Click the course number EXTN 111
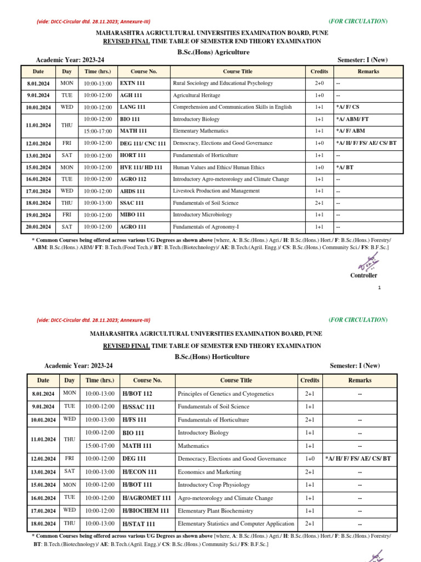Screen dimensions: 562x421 pos(133,83)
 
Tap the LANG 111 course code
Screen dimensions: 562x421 pos(133,108)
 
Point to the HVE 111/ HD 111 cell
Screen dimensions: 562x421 pos(141,167)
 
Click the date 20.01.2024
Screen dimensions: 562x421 pos(38,227)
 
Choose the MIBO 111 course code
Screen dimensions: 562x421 pos(133,215)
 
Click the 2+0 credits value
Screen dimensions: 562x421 pos(319,83)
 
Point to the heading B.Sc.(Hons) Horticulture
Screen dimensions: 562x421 pos(212,357)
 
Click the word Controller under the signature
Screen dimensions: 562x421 pos(363,276)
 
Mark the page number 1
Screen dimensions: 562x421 pos(379,288)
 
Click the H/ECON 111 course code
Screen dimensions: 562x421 pos(139,472)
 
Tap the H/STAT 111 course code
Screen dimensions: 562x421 pos(139,524)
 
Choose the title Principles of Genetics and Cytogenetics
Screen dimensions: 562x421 pos(225,394)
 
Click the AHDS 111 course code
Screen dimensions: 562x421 pos(133,191)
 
